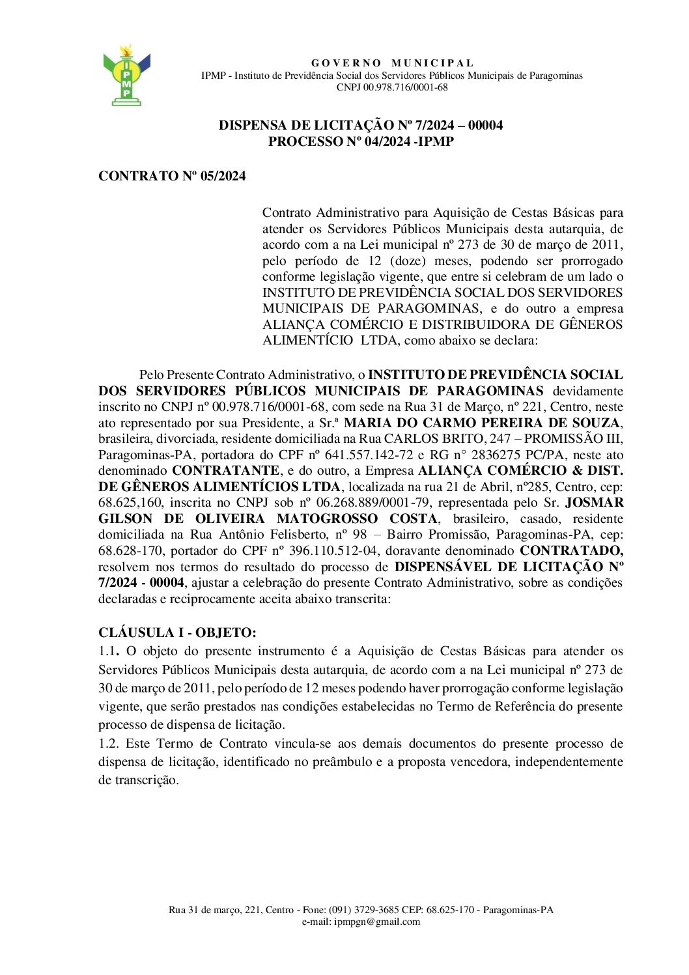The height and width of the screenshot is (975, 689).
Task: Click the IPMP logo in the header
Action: (126, 76)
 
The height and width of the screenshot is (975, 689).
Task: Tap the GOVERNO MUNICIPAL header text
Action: (392, 63)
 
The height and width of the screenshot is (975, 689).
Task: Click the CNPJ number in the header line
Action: (405, 87)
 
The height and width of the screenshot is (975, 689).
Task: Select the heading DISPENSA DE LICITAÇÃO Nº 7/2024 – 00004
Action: (361, 125)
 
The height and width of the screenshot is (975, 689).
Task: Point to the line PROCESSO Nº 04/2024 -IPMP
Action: (361, 141)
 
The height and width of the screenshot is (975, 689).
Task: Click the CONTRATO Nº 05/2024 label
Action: (172, 176)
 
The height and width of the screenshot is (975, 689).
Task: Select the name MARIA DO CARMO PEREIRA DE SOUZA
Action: (482, 423)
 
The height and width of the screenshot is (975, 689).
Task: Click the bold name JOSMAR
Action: (594, 503)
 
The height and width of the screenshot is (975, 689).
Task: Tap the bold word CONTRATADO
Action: (570, 551)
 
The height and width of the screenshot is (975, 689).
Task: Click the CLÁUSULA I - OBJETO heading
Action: (177, 632)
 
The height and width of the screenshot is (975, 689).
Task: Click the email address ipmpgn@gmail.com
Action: (376, 922)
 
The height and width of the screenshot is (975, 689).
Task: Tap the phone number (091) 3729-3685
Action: (364, 910)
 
